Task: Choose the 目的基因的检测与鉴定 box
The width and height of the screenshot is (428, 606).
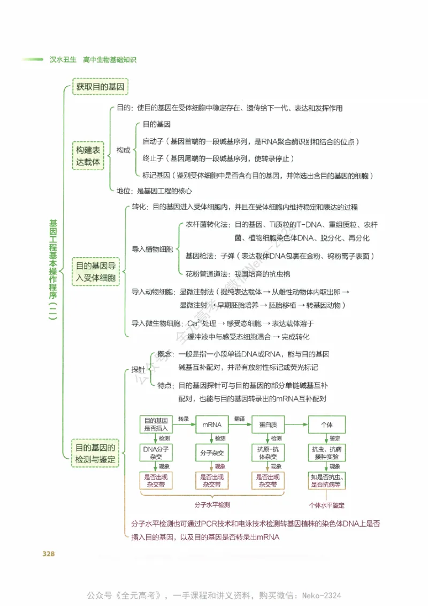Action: [x=95, y=453]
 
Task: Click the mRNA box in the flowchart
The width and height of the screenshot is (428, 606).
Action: [x=212, y=425]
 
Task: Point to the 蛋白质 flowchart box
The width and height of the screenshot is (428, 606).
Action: [x=268, y=425]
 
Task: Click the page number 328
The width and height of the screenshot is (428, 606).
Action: [x=49, y=554]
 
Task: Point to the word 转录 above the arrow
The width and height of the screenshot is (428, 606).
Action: [x=184, y=418]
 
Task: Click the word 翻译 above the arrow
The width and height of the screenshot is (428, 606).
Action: [x=240, y=418]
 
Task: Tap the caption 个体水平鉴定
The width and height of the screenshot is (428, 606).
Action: [x=326, y=505]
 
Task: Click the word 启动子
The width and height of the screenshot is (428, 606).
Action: [x=153, y=141]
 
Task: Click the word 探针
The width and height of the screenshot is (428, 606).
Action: [x=138, y=370]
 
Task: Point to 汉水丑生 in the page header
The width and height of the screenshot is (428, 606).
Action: [x=63, y=60]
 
